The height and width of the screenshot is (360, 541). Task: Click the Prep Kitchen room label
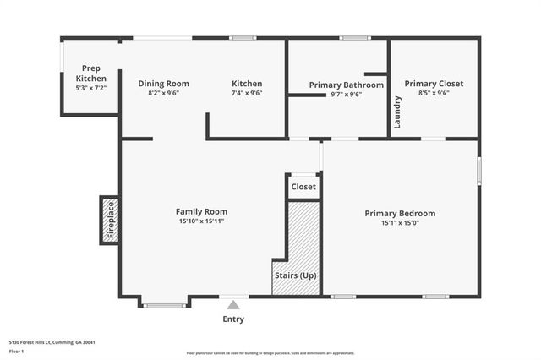pos(92,74)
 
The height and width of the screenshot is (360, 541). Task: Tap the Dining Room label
pos(163,84)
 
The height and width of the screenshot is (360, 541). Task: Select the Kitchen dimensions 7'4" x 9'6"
pos(247,95)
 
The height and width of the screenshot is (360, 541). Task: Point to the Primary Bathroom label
pos(346,85)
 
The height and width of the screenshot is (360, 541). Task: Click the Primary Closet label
pos(433,84)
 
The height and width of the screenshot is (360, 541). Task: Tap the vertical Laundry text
pos(396,112)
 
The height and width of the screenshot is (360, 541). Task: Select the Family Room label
pos(201,211)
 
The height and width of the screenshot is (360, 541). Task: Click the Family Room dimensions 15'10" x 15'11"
pos(201,221)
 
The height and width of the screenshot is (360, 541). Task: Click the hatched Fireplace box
pos(109,220)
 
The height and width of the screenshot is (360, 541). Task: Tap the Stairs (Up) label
pos(295,275)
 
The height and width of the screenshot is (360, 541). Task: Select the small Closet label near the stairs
pos(303,187)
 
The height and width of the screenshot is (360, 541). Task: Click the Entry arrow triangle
pos(233,302)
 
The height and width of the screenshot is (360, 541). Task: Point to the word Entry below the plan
pos(233,319)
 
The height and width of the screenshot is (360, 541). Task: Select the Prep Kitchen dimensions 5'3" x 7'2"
pos(92,88)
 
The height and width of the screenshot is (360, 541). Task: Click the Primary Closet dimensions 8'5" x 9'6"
pos(433,95)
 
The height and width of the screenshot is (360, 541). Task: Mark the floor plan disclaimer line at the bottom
pos(270,353)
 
